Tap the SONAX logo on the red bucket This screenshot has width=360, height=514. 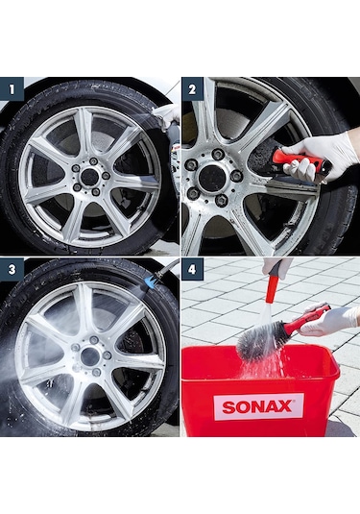tap(258, 405)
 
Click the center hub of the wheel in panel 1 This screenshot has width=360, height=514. tap(89, 178)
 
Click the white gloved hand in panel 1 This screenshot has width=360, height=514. tap(168, 118)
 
